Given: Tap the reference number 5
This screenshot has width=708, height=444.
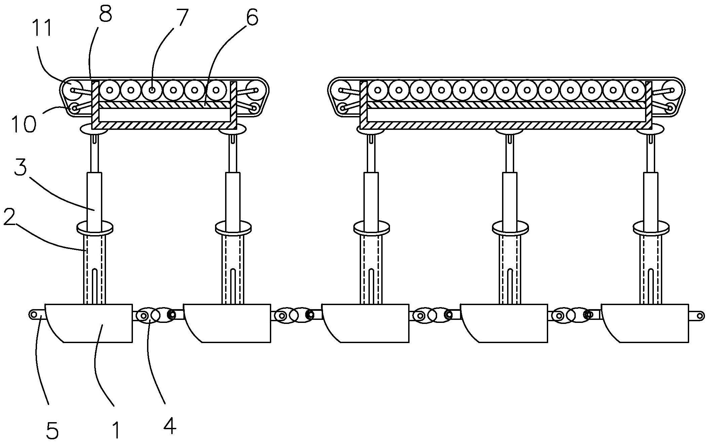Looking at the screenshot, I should click(x=52, y=431).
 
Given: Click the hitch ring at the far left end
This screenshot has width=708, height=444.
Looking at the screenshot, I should click(x=33, y=314).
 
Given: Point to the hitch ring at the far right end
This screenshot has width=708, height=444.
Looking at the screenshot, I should click(x=700, y=315).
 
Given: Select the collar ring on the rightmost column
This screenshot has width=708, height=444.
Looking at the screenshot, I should click(x=651, y=228).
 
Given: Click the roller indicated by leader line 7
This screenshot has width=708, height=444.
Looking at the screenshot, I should click(x=152, y=90).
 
